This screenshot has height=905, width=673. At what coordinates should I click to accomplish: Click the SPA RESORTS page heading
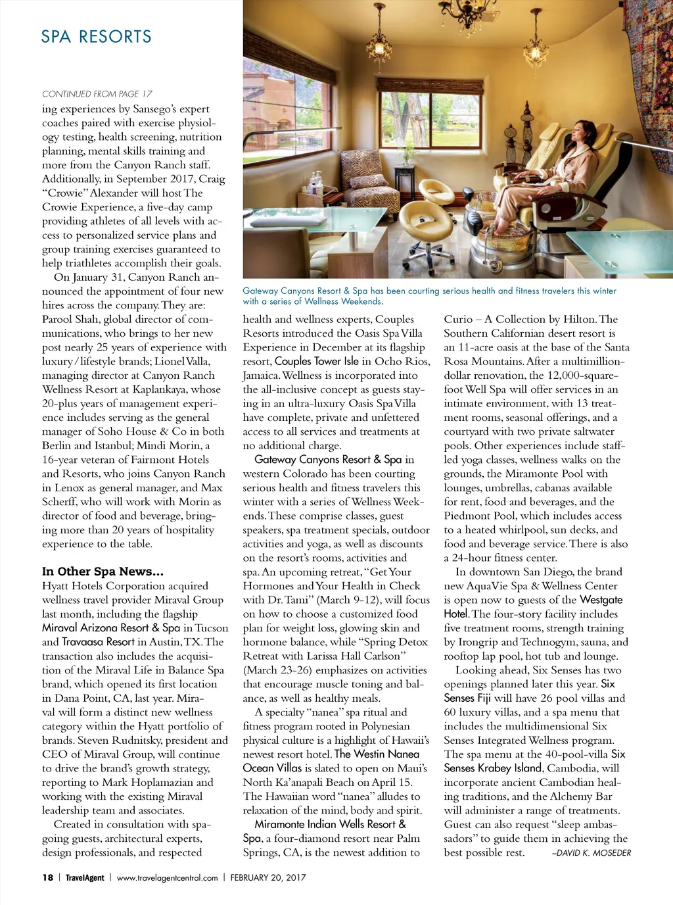tap(96, 37)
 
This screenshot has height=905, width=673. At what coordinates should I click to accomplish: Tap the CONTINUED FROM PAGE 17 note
tap(97, 94)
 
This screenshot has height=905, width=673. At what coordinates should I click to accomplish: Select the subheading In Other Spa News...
tap(103, 572)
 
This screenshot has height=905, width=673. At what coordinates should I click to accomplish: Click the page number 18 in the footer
tap(47, 877)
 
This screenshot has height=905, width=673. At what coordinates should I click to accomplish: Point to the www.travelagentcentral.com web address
tap(167, 877)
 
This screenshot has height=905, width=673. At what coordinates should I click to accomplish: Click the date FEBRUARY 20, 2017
tap(267, 877)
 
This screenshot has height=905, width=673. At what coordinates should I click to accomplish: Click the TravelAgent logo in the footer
tap(85, 877)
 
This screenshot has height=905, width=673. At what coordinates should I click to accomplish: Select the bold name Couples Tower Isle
tap(317, 361)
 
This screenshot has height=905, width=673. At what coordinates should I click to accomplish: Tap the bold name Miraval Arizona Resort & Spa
tap(111, 627)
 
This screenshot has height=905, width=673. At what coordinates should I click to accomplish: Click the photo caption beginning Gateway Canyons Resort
tap(429, 296)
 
